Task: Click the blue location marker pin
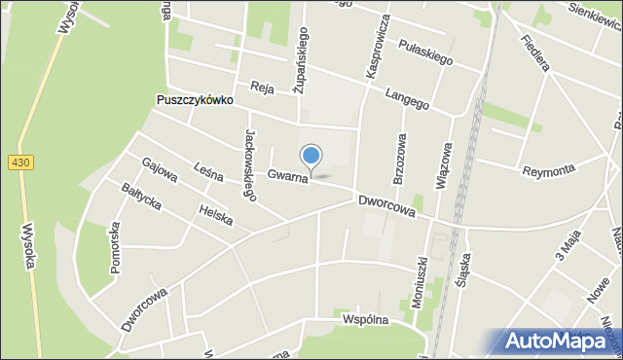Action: click(x=311, y=157)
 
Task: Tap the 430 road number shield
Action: click(x=19, y=162)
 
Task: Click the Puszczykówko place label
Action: click(x=195, y=100)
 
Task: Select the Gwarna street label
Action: click(x=289, y=176)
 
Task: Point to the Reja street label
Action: click(x=261, y=86)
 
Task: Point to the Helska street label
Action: click(x=214, y=213)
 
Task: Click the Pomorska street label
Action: click(x=114, y=247)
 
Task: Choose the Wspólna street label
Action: click(x=365, y=319)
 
